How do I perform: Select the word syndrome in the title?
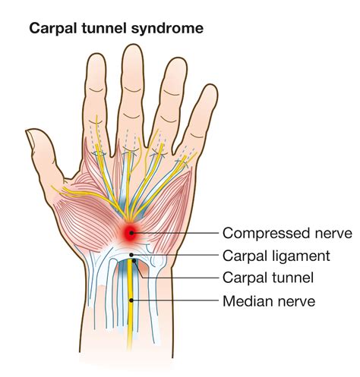(167, 29)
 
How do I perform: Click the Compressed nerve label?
(287, 233)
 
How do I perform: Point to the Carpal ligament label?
(276, 256)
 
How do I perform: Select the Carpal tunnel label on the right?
(268, 278)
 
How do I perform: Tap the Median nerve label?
(269, 301)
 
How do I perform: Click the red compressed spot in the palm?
(131, 233)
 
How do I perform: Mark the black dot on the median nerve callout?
(131, 300)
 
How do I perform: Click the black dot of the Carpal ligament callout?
(131, 255)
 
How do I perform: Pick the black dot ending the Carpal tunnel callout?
(134, 260)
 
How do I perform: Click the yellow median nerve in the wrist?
(131, 303)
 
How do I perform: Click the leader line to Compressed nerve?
(175, 233)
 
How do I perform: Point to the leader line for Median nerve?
(175, 300)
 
